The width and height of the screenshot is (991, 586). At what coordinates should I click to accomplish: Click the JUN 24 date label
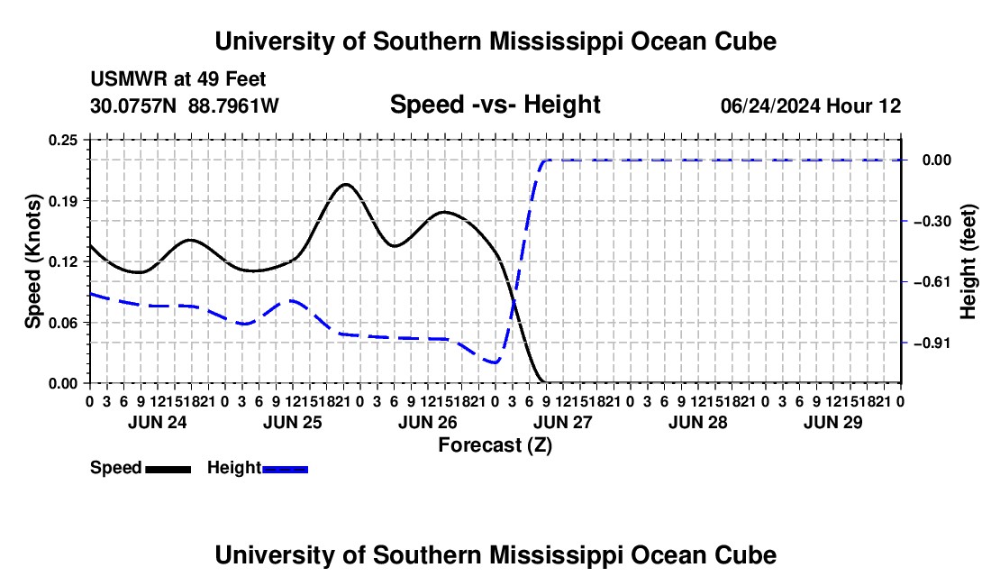[x=158, y=422]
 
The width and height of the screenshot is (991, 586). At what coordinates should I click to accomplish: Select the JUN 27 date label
[x=563, y=422]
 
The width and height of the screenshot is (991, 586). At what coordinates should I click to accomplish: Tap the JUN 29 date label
[x=833, y=422]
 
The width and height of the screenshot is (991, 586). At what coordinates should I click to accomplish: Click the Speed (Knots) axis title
[x=32, y=261]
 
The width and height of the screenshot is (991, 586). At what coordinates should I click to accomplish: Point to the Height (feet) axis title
[x=968, y=261]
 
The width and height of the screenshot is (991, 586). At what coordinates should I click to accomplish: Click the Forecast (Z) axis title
[x=495, y=445]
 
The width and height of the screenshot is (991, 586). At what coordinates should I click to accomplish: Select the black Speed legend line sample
[x=168, y=469]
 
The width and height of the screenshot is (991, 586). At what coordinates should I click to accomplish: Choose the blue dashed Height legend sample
[x=285, y=469]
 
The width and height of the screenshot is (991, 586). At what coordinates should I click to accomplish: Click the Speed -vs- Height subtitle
[x=495, y=105]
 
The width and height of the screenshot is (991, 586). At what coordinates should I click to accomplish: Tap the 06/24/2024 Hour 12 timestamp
[x=811, y=105]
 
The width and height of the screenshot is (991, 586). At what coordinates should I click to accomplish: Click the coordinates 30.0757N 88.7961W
[x=184, y=105]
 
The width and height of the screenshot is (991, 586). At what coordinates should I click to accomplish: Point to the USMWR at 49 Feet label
[x=178, y=79]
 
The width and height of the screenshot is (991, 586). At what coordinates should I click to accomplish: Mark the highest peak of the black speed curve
[x=345, y=184]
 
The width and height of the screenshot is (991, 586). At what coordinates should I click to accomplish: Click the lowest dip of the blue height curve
[x=495, y=362]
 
